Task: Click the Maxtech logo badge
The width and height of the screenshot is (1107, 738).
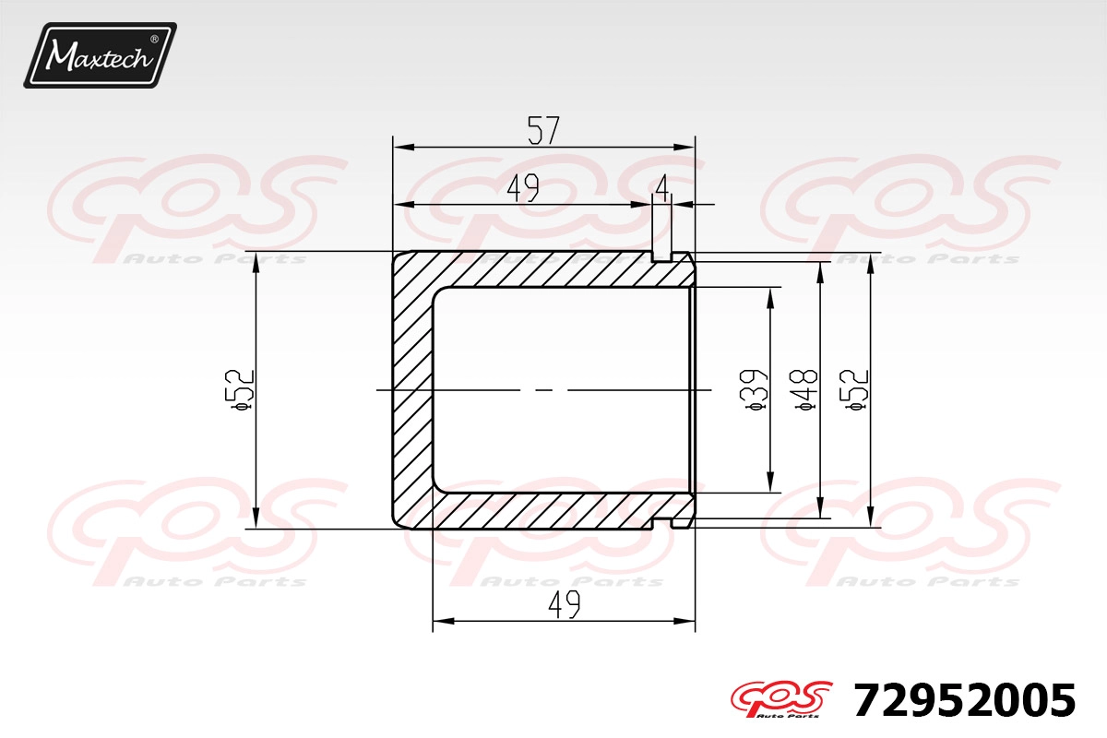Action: point(101,55)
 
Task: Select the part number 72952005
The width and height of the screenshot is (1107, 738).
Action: point(964,700)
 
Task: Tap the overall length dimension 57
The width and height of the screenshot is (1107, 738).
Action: point(543,130)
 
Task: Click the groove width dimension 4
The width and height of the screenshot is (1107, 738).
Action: point(662,188)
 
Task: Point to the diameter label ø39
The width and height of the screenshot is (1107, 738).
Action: point(755,389)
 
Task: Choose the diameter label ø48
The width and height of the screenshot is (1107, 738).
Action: point(804,389)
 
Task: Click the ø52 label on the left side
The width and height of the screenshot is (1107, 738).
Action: point(240,389)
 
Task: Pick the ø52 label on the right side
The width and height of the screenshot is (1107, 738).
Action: point(854,389)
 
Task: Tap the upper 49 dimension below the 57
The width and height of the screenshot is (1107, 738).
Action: point(523,188)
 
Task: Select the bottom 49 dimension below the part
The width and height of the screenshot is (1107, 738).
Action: point(565,604)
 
